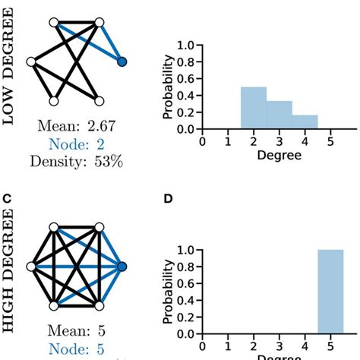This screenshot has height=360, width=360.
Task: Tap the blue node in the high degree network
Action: pos(122,266)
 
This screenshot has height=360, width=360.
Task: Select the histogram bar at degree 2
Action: pos(254,109)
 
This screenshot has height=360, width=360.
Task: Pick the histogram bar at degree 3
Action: pos(279,115)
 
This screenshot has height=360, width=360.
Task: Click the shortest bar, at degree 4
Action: pos(305,122)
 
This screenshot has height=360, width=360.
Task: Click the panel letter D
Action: pos(169,200)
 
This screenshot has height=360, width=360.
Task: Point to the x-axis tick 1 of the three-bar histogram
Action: pos(228,141)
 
